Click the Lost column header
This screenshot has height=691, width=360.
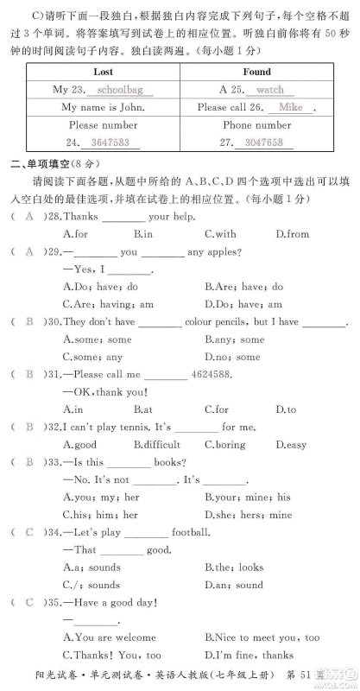(103, 72)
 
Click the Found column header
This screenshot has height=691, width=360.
(256, 72)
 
